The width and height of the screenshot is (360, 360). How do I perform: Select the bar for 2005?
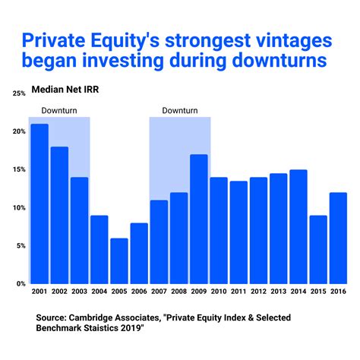coord(119,261)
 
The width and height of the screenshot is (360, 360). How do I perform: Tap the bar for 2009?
coord(199,219)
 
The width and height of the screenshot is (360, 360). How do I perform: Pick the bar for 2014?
coord(298,226)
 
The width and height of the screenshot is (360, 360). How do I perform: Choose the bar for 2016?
coord(339,238)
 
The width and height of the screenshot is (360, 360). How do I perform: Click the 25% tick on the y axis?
coord(18,93)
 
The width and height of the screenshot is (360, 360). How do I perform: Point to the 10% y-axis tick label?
coord(18,207)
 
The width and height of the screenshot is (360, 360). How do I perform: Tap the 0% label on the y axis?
coord(21,283)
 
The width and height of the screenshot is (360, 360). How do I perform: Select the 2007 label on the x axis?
coord(159,291)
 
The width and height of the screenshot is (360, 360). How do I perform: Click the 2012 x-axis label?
coord(259,291)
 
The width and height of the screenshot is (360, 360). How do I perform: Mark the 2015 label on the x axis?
coord(318,291)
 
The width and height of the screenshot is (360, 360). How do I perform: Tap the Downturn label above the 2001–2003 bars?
coord(58,110)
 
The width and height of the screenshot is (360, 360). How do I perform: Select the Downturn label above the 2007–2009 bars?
coord(180,110)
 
